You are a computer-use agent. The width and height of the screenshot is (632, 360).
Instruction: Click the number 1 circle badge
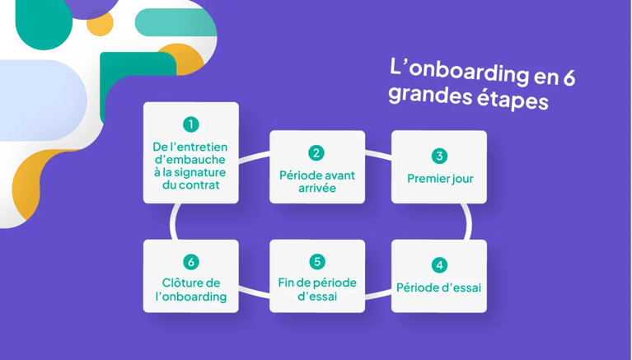[191, 124]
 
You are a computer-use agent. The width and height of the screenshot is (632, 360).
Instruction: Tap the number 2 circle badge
[317, 153]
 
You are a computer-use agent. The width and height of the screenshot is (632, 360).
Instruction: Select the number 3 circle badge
[439, 156]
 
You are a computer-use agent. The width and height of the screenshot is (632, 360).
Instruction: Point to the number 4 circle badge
[439, 265]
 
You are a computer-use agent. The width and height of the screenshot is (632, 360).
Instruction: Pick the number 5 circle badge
[317, 261]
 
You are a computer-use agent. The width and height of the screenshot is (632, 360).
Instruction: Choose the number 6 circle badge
[191, 261]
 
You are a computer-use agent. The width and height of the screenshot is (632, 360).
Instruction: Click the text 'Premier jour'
[439, 177]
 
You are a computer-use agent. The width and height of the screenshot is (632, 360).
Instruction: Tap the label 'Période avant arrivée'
[317, 181]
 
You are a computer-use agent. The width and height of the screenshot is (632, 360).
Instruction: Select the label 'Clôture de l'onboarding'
[191, 289]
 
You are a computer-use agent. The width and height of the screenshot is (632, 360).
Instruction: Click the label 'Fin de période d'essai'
[317, 289]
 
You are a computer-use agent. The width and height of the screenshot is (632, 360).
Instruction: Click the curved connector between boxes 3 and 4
[467, 221]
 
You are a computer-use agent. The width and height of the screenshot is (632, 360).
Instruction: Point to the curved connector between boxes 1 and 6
[174, 221]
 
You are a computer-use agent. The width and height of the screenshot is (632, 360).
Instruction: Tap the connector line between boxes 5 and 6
[254, 287]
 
